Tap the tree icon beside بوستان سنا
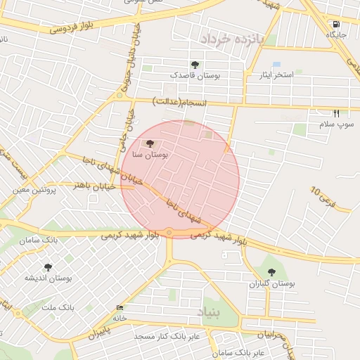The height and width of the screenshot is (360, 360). pyautogui.click(x=148, y=144)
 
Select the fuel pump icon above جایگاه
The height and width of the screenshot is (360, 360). pyautogui.click(x=335, y=23)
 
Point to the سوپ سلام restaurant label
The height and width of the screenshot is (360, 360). pyautogui.click(x=336, y=124)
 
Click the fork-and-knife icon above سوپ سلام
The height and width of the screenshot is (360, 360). pyautogui.click(x=336, y=113)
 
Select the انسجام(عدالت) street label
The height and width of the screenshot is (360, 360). pyautogui.click(x=181, y=103)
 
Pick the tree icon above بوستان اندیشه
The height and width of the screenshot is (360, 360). pyautogui.click(x=48, y=267)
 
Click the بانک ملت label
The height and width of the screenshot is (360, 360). pyautogui.click(x=58, y=308)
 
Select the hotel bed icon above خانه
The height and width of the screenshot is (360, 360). pyautogui.click(x=120, y=308)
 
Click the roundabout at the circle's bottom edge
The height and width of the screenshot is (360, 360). pyautogui.click(x=169, y=233)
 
